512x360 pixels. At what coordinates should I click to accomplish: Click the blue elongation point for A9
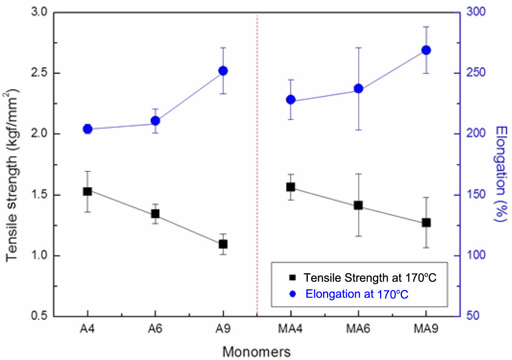click(223, 71)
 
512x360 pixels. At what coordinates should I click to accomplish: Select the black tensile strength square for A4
click(87, 191)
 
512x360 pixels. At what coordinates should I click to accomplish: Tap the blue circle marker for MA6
click(358, 89)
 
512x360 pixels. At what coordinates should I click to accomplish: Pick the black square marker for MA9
click(426, 222)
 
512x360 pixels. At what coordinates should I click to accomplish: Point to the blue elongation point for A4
click(87, 129)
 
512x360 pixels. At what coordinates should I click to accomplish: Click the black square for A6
click(155, 214)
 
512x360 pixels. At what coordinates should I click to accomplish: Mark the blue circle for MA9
click(426, 50)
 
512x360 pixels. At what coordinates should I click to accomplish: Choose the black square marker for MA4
click(291, 187)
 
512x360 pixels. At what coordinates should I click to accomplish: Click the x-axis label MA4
click(291, 329)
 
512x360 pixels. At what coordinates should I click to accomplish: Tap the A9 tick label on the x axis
click(223, 329)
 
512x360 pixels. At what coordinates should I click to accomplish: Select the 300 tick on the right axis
click(476, 12)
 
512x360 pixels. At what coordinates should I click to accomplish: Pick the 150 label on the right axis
click(476, 195)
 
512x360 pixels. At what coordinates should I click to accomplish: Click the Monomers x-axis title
click(257, 352)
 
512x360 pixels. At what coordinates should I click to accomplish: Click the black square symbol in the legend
click(293, 277)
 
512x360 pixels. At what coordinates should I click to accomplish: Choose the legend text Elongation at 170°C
click(357, 294)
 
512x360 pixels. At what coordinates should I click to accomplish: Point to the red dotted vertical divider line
click(257, 164)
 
